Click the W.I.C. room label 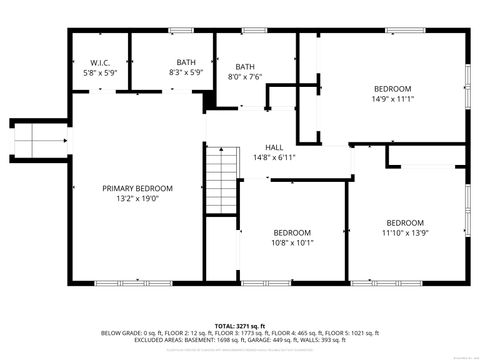coord(100,62)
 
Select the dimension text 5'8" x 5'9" coord(100,73)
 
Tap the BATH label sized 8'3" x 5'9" coord(187,62)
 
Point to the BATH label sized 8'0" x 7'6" coord(245,67)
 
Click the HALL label coord(273,147)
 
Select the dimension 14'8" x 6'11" coord(273,157)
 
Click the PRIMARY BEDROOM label coord(138,188)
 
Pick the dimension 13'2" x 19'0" coord(138,198)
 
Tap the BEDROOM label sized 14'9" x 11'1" coord(385,88)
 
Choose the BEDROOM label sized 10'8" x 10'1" coord(293,232)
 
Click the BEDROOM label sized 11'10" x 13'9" coord(404,222)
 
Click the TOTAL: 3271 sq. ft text coord(239,325)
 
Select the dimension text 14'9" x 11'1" coord(385,99)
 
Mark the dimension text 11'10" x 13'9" coord(404,232)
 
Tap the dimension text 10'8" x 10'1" coord(293,242)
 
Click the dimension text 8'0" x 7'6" coord(245,77)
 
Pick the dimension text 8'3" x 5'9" coord(187,73)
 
